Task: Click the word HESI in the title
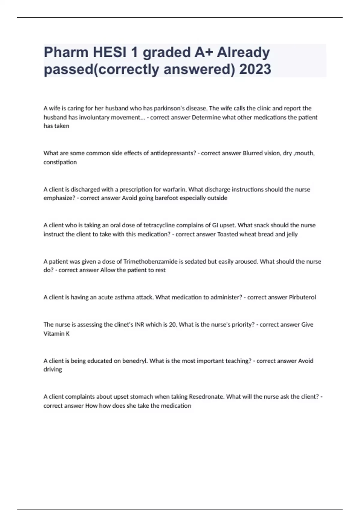click(109, 52)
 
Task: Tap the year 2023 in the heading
click(255, 69)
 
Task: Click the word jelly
click(292, 234)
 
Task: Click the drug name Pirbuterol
click(302, 297)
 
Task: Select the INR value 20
click(172, 325)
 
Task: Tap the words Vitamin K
click(56, 334)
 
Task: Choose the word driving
click(53, 370)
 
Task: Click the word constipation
click(60, 162)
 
